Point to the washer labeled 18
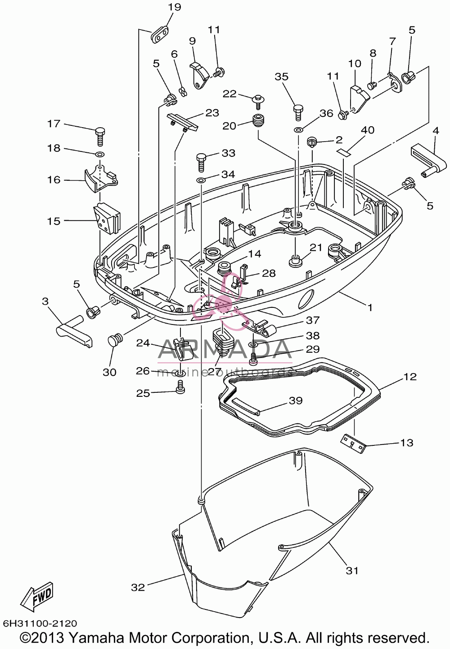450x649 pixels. [99, 153]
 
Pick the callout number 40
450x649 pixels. [367, 130]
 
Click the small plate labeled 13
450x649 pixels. [351, 443]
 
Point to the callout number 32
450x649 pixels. [138, 587]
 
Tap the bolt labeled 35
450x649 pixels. [298, 112]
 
